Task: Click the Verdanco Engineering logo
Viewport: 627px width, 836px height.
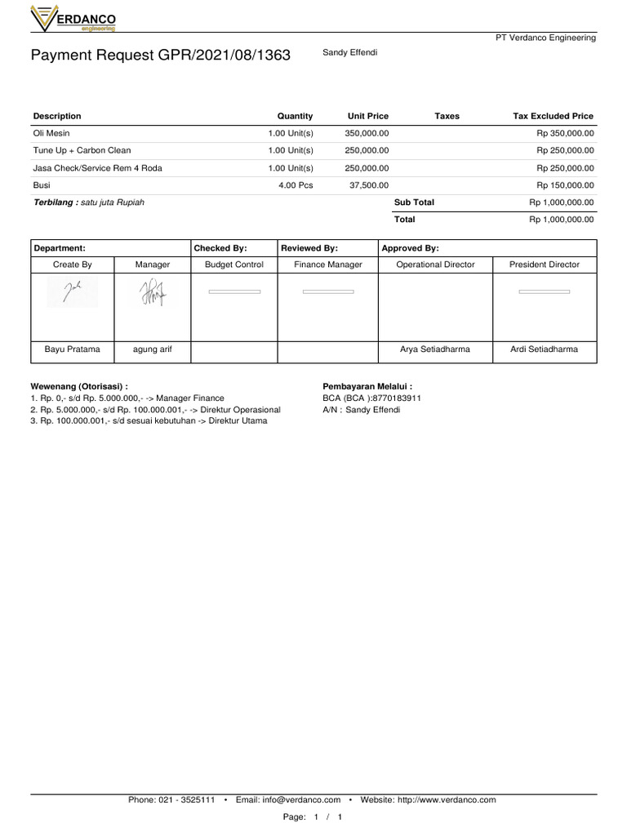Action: click(x=73, y=18)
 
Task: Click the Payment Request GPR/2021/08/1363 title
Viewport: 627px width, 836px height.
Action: click(x=160, y=56)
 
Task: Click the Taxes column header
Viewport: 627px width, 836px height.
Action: click(x=447, y=116)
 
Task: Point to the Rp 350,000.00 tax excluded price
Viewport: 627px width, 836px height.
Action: click(x=565, y=133)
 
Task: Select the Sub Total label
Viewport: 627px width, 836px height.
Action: click(x=414, y=202)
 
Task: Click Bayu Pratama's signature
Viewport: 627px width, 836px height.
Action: click(x=72, y=291)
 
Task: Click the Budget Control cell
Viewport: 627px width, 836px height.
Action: click(x=233, y=265)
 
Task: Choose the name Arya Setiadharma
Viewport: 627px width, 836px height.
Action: click(x=434, y=349)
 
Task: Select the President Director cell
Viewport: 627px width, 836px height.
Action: click(x=544, y=265)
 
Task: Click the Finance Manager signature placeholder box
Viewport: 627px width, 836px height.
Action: click(x=328, y=291)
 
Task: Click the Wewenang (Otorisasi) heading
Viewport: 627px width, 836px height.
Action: click(x=79, y=386)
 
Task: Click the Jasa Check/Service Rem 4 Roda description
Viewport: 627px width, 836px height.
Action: click(x=97, y=168)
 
